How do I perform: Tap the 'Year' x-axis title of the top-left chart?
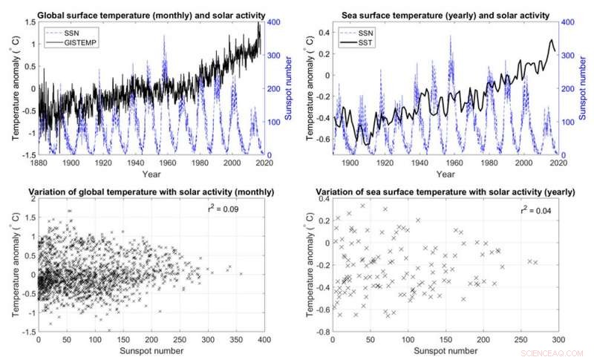148,174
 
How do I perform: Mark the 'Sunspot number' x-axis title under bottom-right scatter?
444,351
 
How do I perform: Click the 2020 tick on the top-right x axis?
558,163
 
